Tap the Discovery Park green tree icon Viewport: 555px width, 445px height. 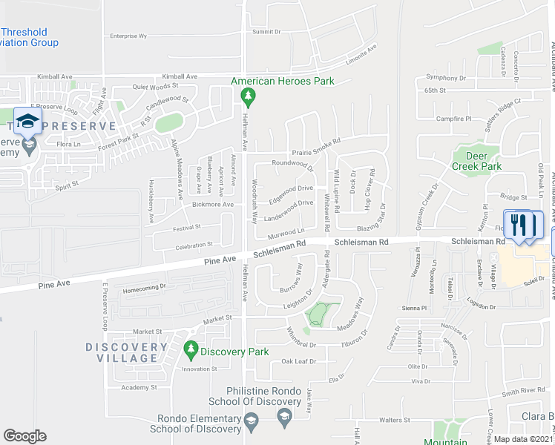coord(191,349)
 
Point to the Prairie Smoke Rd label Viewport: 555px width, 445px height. coord(316,142)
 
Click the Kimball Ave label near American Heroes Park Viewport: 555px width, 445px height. coord(180,76)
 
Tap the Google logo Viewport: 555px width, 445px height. coord(24,436)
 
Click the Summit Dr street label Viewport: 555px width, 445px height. coord(266,32)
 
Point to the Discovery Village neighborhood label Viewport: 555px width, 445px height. coord(126,352)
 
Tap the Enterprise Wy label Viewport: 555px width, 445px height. coord(128,36)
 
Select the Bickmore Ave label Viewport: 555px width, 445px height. coord(214,204)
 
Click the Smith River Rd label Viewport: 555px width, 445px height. coord(523,390)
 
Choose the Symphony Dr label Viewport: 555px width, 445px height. coord(445,78)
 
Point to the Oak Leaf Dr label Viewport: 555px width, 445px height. coord(298,361)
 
